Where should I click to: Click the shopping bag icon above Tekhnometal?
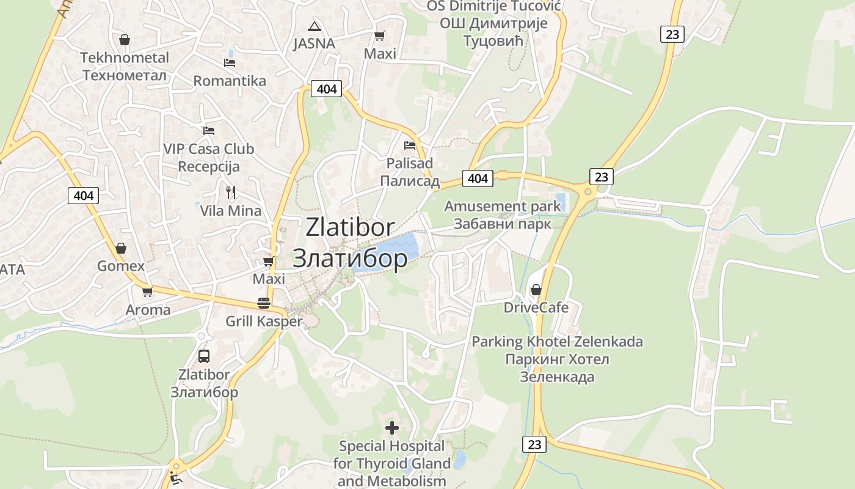[x=125, y=40]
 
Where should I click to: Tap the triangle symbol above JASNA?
[x=315, y=26]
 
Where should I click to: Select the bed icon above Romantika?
[x=230, y=62]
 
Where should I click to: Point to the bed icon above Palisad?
[x=410, y=145]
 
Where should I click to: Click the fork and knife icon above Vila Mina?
[x=231, y=192]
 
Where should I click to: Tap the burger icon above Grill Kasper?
[x=264, y=303]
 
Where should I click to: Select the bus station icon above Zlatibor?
[x=204, y=356]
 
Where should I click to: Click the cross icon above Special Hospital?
[x=392, y=427]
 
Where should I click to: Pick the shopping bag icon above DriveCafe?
[x=536, y=289]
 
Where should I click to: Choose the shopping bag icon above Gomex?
[x=121, y=248]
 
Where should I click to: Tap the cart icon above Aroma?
[x=147, y=292]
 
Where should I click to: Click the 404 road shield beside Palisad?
[x=478, y=178]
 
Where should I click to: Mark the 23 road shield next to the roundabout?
[x=602, y=177]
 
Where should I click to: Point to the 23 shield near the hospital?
[x=534, y=444]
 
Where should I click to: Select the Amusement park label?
[x=502, y=206]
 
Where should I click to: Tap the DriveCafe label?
[x=536, y=307]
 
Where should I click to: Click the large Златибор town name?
[x=350, y=259]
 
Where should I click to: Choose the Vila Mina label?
[x=231, y=211]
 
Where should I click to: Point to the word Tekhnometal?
[x=125, y=58]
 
